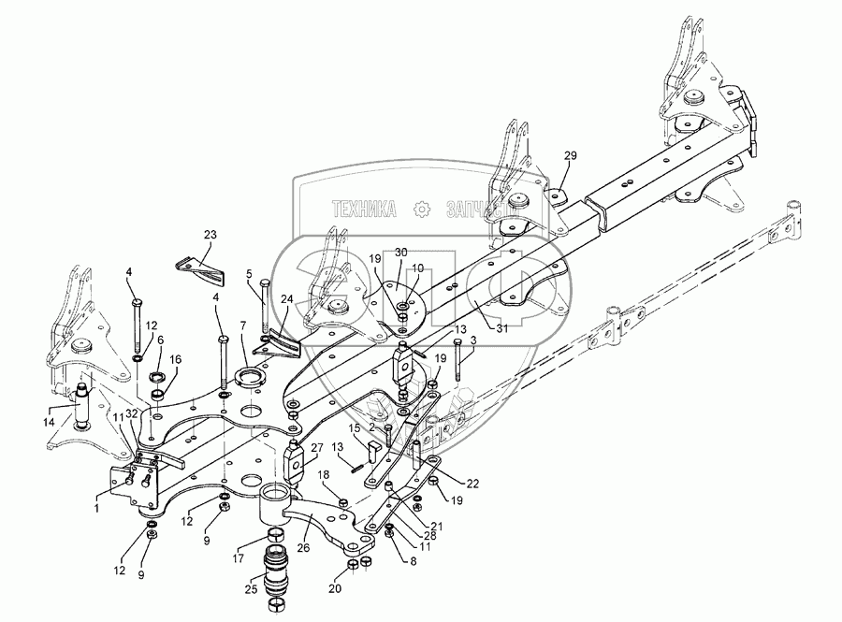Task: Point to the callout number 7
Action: click(243, 325)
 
